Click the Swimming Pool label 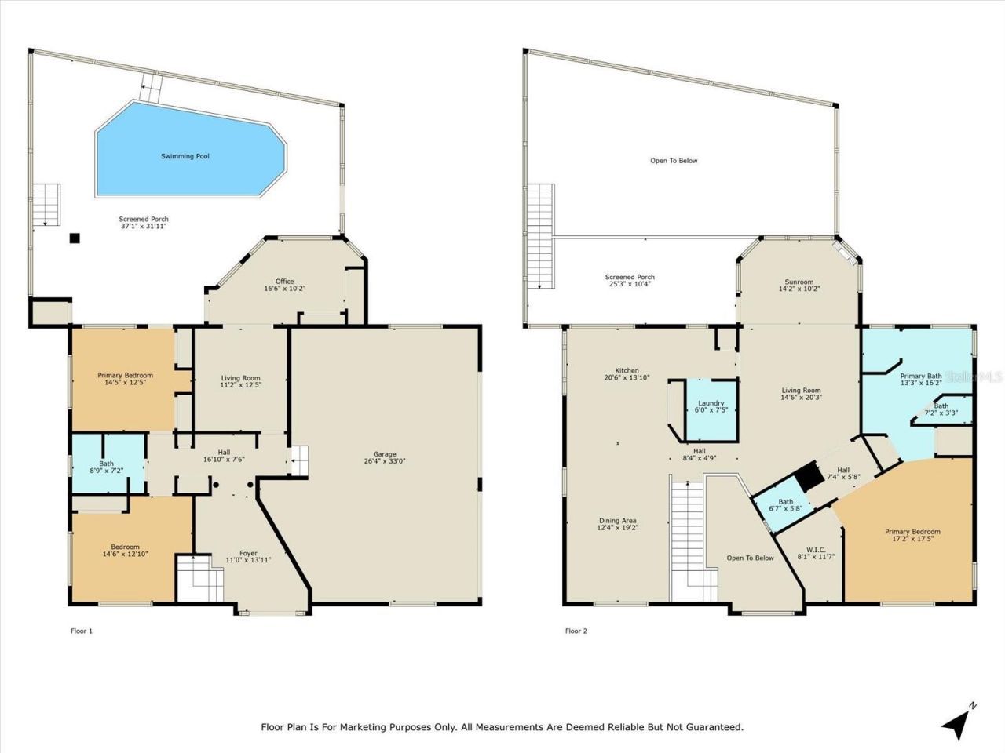pyautogui.click(x=185, y=156)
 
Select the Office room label pyautogui.click(x=284, y=282)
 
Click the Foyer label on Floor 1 pyautogui.click(x=248, y=553)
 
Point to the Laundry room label pyautogui.click(x=711, y=403)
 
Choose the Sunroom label pyautogui.click(x=799, y=282)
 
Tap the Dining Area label pyautogui.click(x=617, y=521)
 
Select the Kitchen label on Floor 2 pyautogui.click(x=627, y=370)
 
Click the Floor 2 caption pyautogui.click(x=576, y=631)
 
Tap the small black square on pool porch pyautogui.click(x=75, y=238)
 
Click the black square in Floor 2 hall pyautogui.click(x=806, y=475)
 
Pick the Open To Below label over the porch pyautogui.click(x=674, y=161)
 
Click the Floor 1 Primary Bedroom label pyautogui.click(x=125, y=375)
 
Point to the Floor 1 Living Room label pyautogui.click(x=240, y=378)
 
